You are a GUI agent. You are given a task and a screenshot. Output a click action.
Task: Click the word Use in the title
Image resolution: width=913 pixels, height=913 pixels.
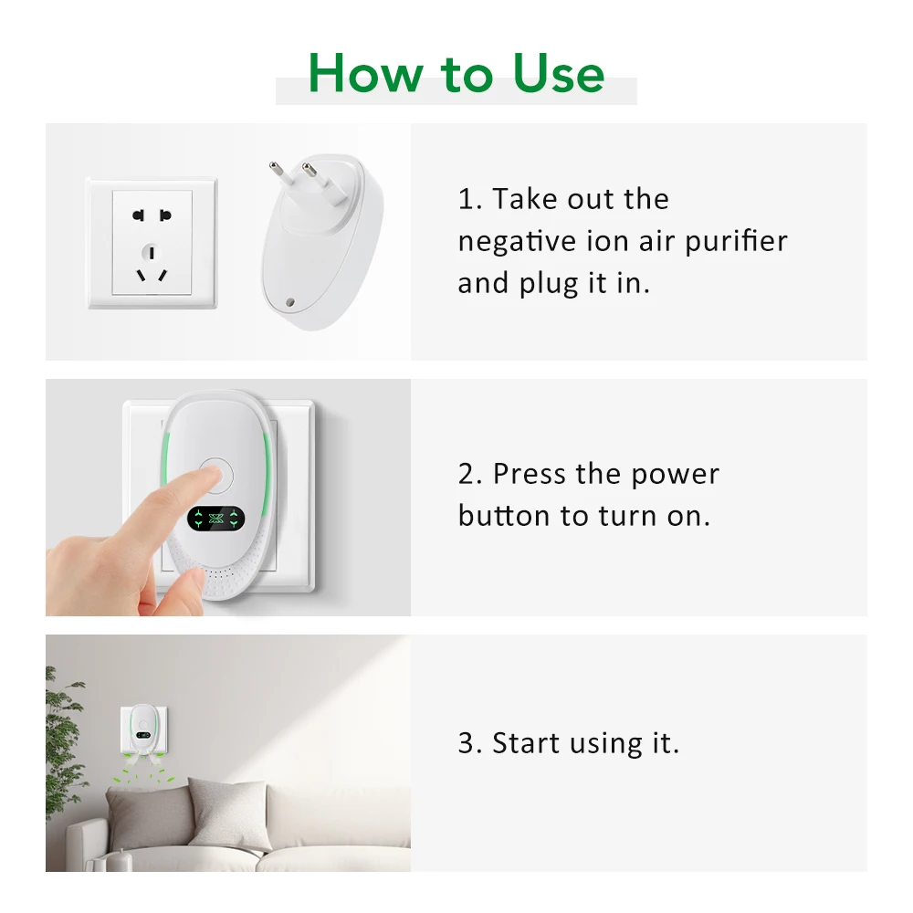(x=558, y=73)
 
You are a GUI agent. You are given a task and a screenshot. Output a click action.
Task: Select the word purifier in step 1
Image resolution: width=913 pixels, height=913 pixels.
(x=736, y=242)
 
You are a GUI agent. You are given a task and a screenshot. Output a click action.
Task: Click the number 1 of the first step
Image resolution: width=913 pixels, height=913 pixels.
(x=467, y=199)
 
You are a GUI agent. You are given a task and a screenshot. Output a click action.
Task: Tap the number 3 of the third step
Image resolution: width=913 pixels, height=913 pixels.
(x=467, y=743)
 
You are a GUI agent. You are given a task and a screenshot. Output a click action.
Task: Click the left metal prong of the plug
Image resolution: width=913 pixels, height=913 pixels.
(x=275, y=170)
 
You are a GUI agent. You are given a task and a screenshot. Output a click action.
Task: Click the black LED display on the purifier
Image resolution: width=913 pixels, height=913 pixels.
(x=217, y=519)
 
